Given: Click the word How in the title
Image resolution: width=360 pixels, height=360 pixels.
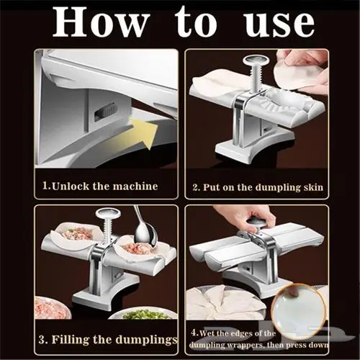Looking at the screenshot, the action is [101, 22].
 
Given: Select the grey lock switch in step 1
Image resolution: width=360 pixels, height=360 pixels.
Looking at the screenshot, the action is [107, 110].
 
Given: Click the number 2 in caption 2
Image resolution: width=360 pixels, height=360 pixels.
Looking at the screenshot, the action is [196, 187].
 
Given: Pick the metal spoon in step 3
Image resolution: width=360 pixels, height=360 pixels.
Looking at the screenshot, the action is [143, 230].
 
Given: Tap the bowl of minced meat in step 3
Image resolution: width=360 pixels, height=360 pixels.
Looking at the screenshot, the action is [53, 308].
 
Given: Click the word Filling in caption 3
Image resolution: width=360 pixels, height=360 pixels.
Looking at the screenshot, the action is [71, 340].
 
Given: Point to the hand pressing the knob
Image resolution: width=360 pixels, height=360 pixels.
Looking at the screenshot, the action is [247, 216].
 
